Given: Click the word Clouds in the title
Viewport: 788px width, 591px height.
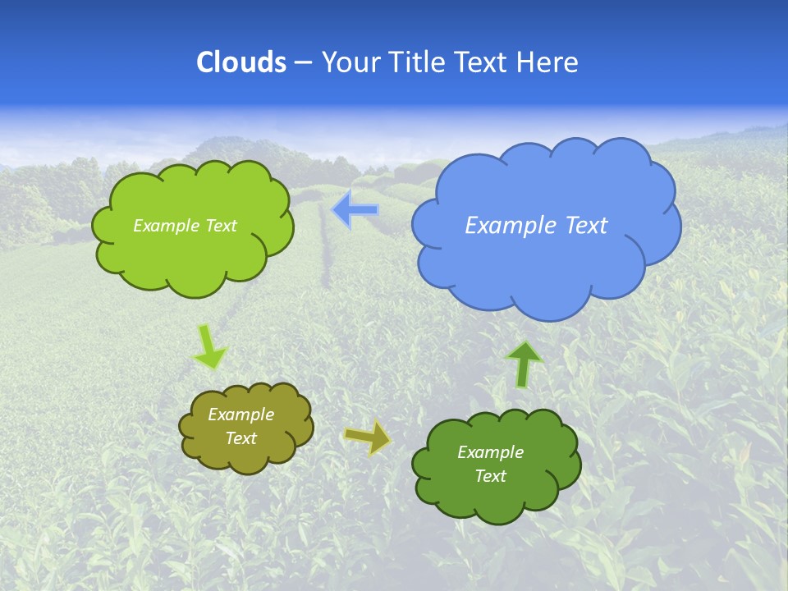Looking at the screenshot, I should pyautogui.click(x=241, y=62).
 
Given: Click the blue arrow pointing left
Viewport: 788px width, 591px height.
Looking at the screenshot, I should pyautogui.click(x=355, y=210).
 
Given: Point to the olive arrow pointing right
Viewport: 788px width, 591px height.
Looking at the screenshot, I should pyautogui.click(x=368, y=438).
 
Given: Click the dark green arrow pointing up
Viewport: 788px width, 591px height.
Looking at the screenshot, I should pyautogui.click(x=524, y=364).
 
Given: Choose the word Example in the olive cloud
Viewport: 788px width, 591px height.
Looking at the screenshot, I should pyautogui.click(x=241, y=415).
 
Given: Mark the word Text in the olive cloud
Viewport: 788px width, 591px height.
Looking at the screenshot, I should pyautogui.click(x=241, y=438).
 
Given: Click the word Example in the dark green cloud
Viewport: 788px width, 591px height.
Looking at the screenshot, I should pyautogui.click(x=490, y=452).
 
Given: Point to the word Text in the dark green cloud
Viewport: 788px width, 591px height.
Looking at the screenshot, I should pyautogui.click(x=490, y=476).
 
